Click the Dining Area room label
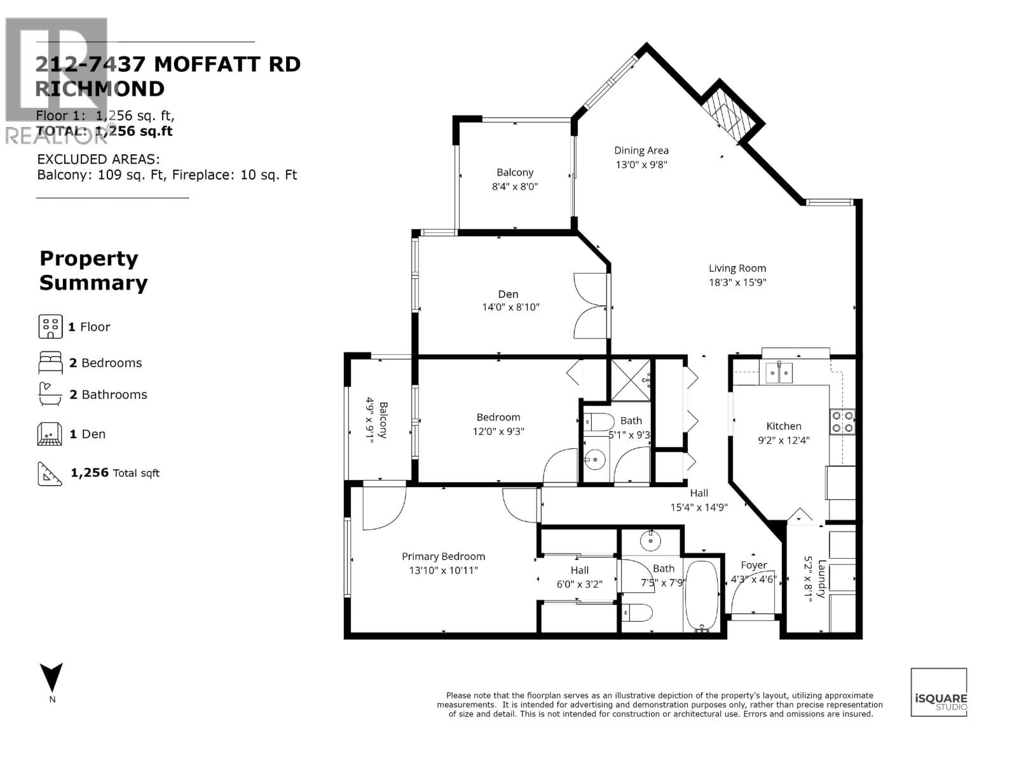(x=641, y=150)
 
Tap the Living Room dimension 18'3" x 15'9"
(x=737, y=283)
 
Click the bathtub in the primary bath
(x=702, y=596)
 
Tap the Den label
(x=508, y=294)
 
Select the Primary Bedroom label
(x=443, y=556)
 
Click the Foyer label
(x=753, y=565)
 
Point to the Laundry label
(x=821, y=578)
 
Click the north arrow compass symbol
(x=51, y=678)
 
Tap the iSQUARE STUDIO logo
(x=939, y=692)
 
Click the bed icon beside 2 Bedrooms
(x=50, y=363)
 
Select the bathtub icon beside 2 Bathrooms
(x=50, y=394)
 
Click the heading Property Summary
(x=93, y=271)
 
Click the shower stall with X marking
(x=631, y=380)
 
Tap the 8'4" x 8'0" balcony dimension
(x=515, y=187)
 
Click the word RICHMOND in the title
(x=100, y=89)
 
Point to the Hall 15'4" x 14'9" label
(x=699, y=500)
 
